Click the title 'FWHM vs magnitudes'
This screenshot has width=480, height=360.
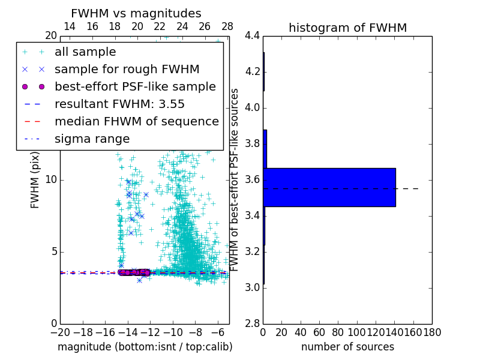click(136, 13)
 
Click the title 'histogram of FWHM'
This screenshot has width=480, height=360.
click(347, 28)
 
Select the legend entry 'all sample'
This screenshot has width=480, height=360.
click(85, 52)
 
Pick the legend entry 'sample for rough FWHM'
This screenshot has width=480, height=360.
click(127, 69)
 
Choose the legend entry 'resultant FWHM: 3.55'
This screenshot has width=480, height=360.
click(119, 104)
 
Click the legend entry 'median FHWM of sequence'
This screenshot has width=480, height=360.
click(136, 121)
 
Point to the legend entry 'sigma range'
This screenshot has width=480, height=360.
click(92, 139)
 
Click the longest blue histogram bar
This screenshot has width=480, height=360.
click(329, 187)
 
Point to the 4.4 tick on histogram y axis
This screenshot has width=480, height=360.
click(253, 36)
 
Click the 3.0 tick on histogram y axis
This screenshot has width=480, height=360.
click(253, 288)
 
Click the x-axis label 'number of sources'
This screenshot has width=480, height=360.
click(347, 347)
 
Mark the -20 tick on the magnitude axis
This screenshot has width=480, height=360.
click(60, 332)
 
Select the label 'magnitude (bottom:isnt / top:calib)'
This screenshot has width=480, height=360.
click(145, 347)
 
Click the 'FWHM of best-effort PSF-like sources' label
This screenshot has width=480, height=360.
click(235, 180)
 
